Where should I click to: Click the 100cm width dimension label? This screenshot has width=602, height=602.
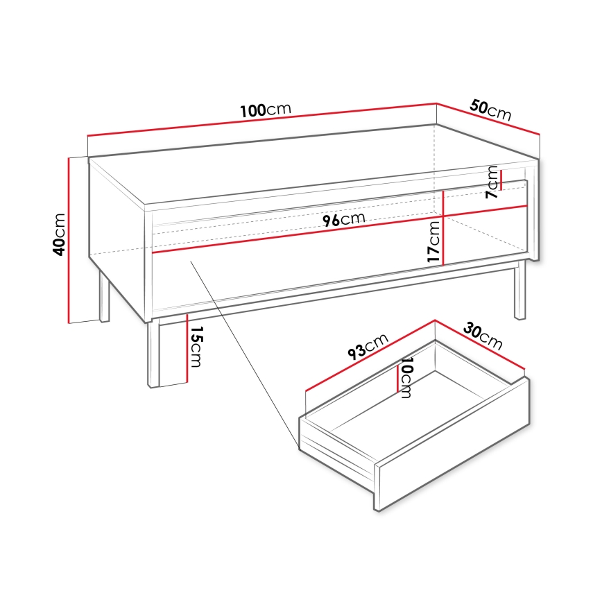(265, 110)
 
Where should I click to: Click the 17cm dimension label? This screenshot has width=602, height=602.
(434, 241)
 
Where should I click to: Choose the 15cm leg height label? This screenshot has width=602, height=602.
(196, 347)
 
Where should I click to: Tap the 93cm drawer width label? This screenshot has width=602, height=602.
(367, 347)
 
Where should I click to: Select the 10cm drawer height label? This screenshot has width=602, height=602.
(406, 379)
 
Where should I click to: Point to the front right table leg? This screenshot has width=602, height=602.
(519, 290)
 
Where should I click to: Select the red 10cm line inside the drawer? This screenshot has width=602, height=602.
(397, 378)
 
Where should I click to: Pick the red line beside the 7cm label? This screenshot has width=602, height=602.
(501, 179)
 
